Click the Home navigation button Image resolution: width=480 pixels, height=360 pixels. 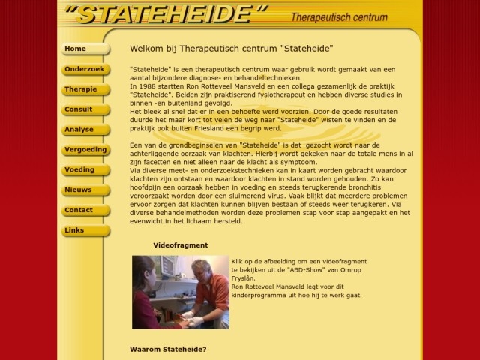pos(85,49)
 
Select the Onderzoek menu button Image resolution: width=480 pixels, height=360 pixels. pos(85,70)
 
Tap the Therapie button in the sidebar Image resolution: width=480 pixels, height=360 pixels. pos(85,90)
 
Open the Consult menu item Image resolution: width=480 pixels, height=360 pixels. pos(85,109)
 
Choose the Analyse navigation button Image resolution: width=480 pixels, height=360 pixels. pos(85,130)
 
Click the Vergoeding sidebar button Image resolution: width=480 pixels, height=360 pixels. pos(85,150)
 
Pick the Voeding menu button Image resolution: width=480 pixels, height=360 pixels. pos(85,170)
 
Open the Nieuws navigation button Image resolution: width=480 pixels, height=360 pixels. pos(85,190)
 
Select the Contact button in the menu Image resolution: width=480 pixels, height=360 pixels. pos(85,211)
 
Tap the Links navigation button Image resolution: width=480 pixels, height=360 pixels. pos(85,230)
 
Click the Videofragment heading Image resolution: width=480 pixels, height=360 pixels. pos(180,245)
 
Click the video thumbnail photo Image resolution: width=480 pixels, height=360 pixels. pos(181,292)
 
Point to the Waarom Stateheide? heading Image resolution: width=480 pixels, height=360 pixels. pos(168,349)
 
